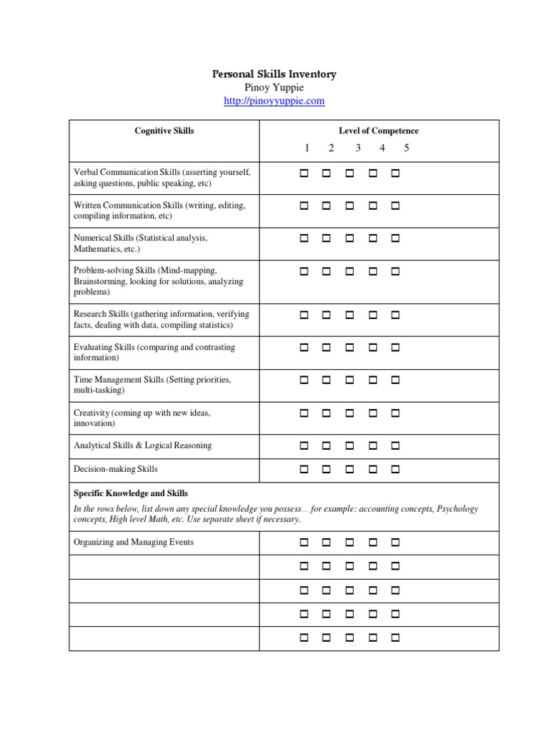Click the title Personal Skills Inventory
point(274,74)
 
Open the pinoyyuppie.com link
point(274,101)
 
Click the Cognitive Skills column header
point(164,131)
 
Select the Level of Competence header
point(378,131)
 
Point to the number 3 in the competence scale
point(357,148)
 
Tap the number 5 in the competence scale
point(406,148)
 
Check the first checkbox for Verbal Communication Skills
point(304,173)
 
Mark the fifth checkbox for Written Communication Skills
point(395,206)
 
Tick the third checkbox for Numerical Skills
point(350,238)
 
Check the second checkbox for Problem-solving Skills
point(327,272)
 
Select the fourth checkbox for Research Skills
point(372,315)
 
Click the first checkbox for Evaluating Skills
point(304,348)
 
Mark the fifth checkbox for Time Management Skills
point(395,380)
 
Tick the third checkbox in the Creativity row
point(350,413)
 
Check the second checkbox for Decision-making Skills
point(327,470)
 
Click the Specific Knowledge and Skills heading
point(131,493)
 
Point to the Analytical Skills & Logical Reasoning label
point(142,445)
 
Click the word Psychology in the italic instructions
point(457,509)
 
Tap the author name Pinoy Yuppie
point(274,88)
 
